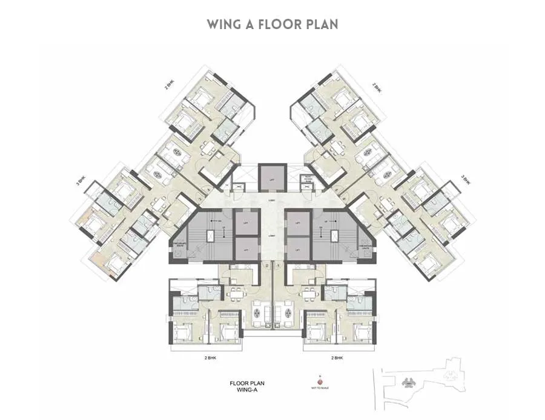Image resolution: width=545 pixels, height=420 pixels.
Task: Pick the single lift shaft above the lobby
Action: [x=272, y=176]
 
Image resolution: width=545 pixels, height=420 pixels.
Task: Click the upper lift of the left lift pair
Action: [x=246, y=222]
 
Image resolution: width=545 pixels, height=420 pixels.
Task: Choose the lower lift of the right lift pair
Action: [x=297, y=248]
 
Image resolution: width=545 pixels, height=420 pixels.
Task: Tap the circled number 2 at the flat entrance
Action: [x=266, y=265]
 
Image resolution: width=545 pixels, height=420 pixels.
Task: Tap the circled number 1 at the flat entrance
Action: [x=277, y=265]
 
